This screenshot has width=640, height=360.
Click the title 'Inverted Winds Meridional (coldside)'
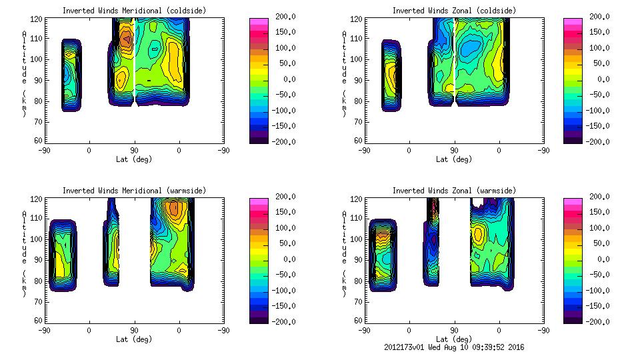point(134,11)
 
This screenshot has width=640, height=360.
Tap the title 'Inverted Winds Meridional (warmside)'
point(134,191)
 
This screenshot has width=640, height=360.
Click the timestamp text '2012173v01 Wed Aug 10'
point(433,347)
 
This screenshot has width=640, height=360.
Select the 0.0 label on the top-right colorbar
point(609,79)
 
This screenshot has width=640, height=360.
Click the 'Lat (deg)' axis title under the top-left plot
point(134,159)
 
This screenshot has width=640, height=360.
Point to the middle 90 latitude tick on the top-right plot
point(454,151)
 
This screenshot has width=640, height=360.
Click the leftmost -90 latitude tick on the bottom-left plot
point(44,330)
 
